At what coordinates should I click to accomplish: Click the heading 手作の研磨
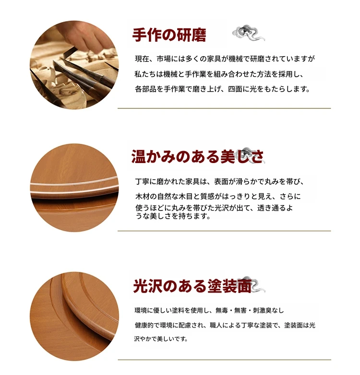[x=169, y=35]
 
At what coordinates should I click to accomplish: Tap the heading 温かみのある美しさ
[x=197, y=157]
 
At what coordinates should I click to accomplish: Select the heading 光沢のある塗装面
[x=192, y=286]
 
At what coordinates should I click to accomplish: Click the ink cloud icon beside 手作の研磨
[x=249, y=33]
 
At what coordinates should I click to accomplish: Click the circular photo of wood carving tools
[x=74, y=65]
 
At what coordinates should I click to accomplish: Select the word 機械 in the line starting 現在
[x=236, y=59]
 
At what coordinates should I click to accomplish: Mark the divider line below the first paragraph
[x=224, y=108]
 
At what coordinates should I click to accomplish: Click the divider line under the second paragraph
[x=224, y=231]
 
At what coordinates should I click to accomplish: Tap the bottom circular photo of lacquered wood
[x=74, y=316]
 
